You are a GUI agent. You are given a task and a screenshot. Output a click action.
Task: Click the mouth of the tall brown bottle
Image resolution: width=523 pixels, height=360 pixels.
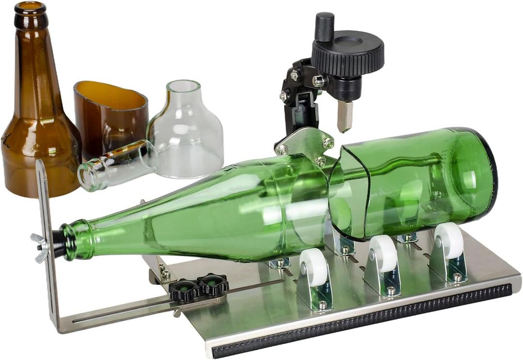[x=30, y=8]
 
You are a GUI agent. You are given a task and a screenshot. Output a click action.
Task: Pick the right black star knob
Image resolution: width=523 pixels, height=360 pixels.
[x=213, y=285]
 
